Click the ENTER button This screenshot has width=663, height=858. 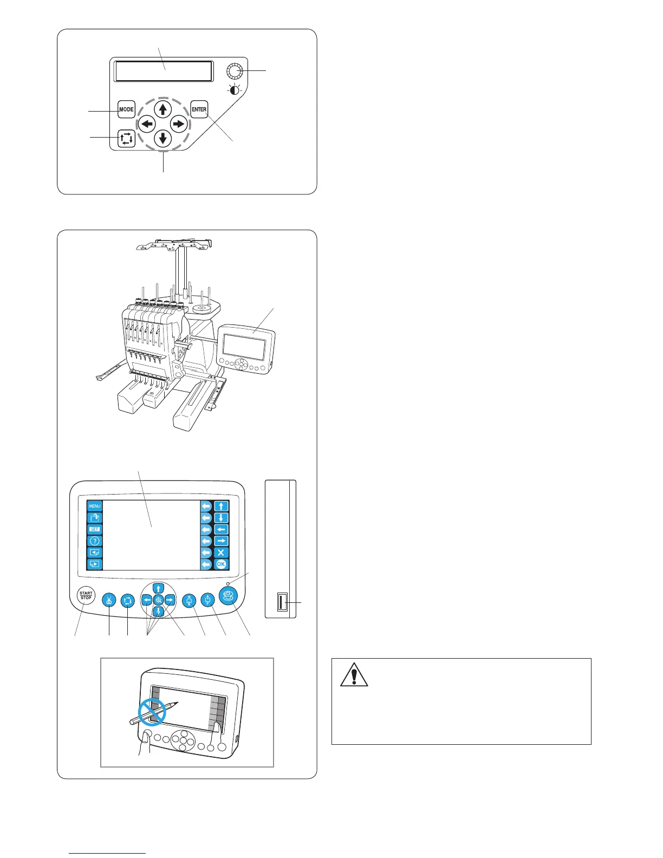click(199, 109)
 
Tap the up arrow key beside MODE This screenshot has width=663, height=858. click(163, 109)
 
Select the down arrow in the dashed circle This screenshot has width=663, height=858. click(163, 138)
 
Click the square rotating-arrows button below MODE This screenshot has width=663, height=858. click(126, 139)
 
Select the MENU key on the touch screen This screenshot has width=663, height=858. click(94, 506)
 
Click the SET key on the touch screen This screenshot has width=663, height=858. click(94, 529)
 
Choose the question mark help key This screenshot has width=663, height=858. click(94, 541)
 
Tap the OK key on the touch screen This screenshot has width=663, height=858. click(221, 564)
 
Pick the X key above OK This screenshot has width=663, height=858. click(221, 552)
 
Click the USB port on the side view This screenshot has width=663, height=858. click(282, 603)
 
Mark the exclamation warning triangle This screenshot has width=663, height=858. click(355, 675)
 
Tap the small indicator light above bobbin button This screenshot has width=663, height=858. click(229, 584)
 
